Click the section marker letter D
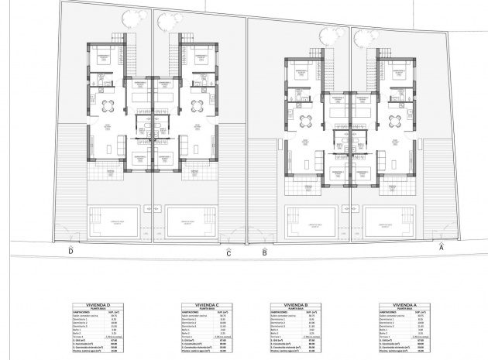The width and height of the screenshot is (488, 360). coord(70,251)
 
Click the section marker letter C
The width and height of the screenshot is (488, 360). coord(229,252)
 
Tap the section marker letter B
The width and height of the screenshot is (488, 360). coord(264,252)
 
